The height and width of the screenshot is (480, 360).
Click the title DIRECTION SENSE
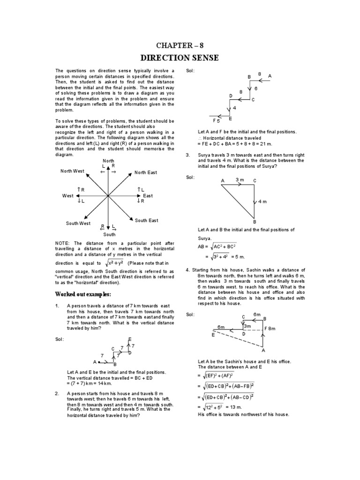pyautogui.click(x=180, y=58)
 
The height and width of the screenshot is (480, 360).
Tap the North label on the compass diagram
pyautogui.click(x=108, y=161)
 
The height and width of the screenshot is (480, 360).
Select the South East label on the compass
pyautogui.click(x=146, y=220)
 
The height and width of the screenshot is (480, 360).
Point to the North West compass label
pyautogui.click(x=72, y=171)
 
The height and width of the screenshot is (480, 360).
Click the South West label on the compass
pyautogui.click(x=78, y=224)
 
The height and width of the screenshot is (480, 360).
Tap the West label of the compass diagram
pyautogui.click(x=68, y=195)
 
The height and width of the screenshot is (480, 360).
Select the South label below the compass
pyautogui.click(x=109, y=234)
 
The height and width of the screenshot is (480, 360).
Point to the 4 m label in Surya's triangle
pyautogui.click(x=262, y=202)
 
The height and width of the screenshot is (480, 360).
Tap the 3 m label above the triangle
pyautogui.click(x=240, y=180)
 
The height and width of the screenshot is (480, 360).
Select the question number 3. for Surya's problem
pyautogui.click(x=187, y=155)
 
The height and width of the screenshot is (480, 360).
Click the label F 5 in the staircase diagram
pyautogui.click(x=216, y=121)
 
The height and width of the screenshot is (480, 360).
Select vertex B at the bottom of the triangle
pyautogui.click(x=255, y=222)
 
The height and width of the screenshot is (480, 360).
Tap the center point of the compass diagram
pyautogui.click(x=108, y=195)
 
